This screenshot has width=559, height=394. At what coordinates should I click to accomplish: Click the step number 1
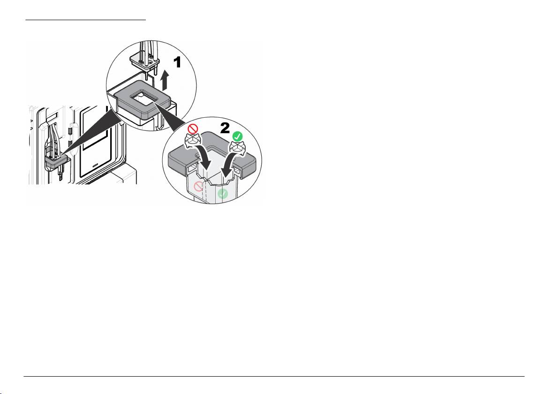(x=177, y=62)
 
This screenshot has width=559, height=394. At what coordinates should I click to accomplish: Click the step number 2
(x=225, y=128)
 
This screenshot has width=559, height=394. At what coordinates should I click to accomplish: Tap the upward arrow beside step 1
(x=164, y=80)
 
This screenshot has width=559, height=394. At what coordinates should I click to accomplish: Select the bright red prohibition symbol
(x=192, y=129)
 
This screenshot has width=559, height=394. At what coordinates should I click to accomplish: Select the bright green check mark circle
(x=237, y=136)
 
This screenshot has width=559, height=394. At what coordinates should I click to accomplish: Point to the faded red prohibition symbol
(x=198, y=186)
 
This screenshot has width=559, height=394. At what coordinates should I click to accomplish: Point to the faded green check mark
(x=223, y=194)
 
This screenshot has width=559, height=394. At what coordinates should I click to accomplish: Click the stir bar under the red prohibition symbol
(x=191, y=141)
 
